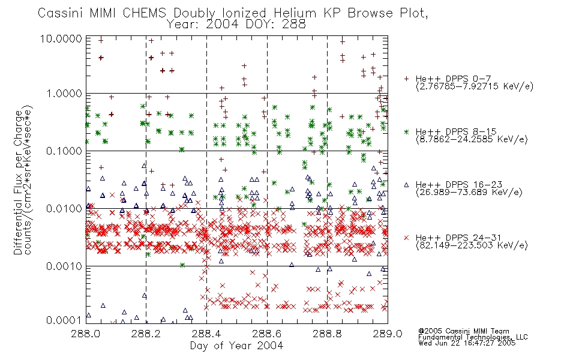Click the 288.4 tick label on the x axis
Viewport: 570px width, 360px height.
point(206,334)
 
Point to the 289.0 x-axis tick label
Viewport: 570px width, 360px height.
point(388,334)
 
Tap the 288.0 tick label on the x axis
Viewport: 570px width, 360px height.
point(85,334)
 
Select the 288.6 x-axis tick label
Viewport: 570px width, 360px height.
point(266,334)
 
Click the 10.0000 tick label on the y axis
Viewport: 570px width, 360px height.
point(61,38)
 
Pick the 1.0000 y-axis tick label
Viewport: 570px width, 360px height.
point(64,94)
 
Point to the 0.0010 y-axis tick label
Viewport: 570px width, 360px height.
point(64,266)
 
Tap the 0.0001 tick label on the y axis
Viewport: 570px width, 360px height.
point(64,320)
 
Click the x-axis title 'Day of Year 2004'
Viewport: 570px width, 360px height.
point(236,346)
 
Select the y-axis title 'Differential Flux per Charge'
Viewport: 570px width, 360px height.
point(18,182)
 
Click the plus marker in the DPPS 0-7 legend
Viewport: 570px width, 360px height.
point(406,79)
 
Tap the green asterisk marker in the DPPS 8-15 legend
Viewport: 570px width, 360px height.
point(406,131)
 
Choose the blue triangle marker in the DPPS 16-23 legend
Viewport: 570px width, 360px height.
point(406,185)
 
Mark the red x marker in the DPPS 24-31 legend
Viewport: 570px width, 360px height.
point(406,238)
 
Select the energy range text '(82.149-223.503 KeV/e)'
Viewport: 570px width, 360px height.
point(472,245)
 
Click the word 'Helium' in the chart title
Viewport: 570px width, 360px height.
point(295,13)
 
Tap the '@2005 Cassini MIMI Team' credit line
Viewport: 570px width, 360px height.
point(464,331)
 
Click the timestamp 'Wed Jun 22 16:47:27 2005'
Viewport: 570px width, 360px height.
point(467,343)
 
